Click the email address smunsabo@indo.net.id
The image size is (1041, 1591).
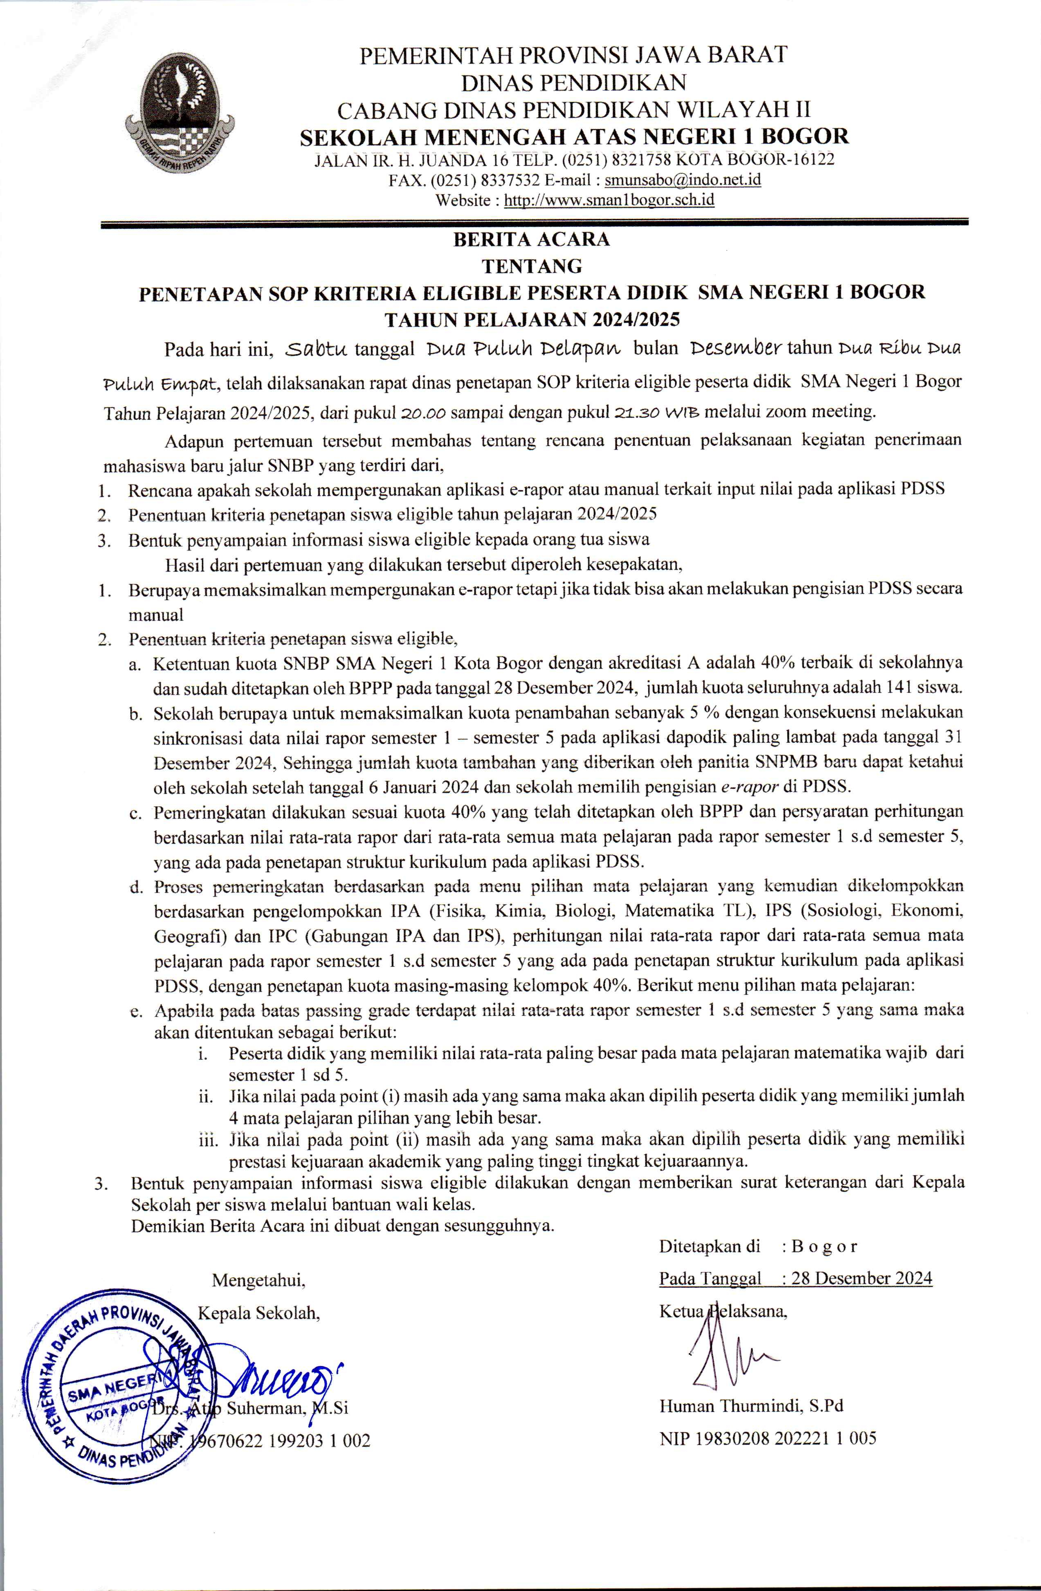[683, 180]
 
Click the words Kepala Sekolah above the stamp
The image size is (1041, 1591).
[259, 1313]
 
